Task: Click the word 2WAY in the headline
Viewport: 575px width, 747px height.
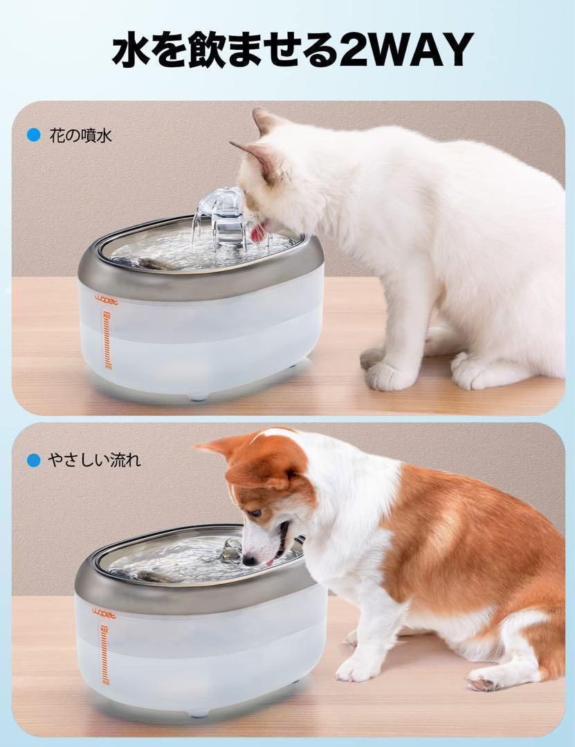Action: click(406, 49)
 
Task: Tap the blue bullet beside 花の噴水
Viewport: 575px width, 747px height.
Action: click(34, 136)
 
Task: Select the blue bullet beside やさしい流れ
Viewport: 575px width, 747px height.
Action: click(34, 460)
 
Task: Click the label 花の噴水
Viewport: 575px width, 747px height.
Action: click(80, 136)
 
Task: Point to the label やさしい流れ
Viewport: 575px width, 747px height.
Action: click(94, 460)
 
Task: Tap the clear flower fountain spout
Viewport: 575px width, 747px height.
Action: click(220, 216)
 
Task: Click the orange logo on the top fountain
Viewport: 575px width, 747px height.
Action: click(106, 300)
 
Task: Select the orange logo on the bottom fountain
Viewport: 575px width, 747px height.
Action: click(104, 614)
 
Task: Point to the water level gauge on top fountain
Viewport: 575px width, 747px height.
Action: click(107, 340)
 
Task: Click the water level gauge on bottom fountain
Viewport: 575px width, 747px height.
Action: click(104, 656)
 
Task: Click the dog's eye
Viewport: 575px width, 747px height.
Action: click(256, 513)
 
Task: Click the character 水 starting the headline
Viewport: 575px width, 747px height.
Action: click(129, 49)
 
